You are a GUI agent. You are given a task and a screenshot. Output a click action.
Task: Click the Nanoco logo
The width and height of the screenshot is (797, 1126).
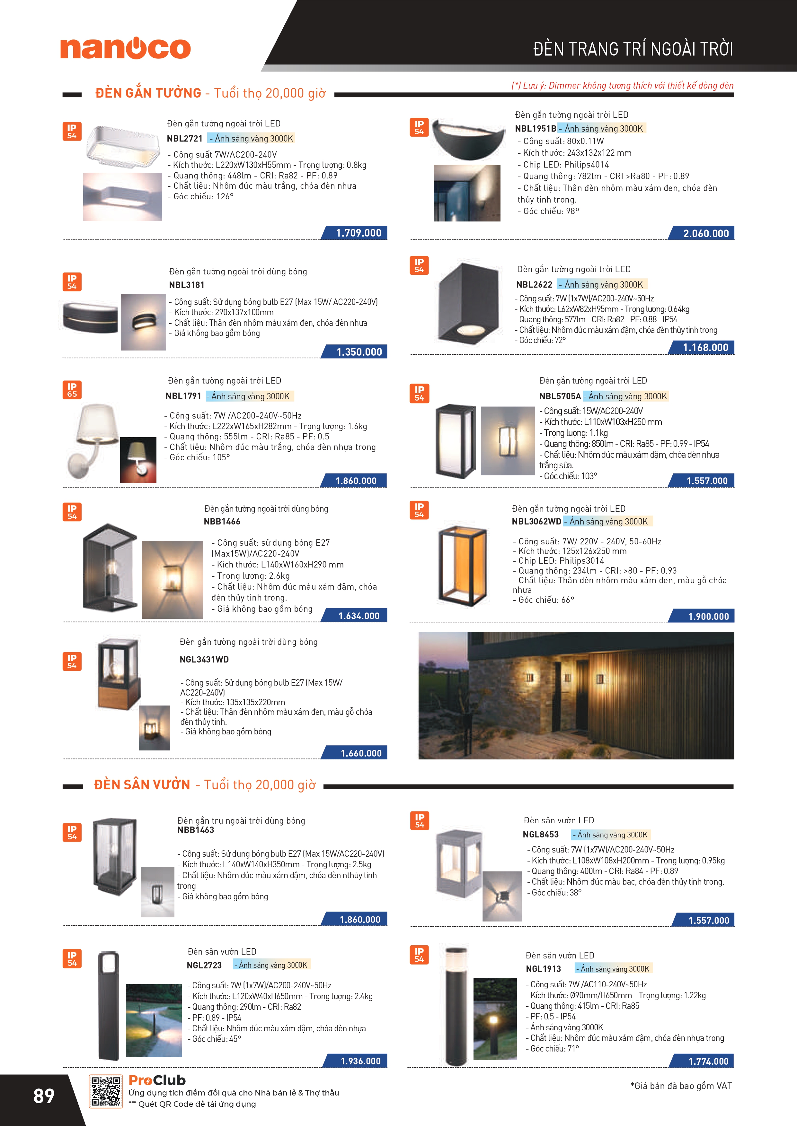(x=125, y=48)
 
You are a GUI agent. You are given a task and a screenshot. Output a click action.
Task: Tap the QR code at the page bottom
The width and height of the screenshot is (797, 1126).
(x=105, y=1092)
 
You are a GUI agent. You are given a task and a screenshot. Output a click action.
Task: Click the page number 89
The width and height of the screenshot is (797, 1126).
(x=44, y=1096)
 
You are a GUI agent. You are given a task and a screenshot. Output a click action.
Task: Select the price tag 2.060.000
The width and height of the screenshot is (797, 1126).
(x=706, y=233)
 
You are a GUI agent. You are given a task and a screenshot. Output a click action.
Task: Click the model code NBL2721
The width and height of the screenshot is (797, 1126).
(x=184, y=139)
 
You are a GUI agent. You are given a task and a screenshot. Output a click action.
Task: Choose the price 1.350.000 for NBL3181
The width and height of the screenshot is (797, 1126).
(x=359, y=351)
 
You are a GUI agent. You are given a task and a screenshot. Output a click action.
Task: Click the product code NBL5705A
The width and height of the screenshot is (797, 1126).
(x=560, y=396)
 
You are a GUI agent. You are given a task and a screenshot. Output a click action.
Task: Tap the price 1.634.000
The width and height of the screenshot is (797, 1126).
(x=359, y=616)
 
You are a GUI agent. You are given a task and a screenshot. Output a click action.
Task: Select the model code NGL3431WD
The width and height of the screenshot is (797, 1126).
(x=204, y=660)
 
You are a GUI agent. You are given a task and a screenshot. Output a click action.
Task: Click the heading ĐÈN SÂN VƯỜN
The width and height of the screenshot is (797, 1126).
(x=142, y=785)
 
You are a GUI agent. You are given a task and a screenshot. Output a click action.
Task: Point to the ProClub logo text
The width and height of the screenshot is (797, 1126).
(x=157, y=1080)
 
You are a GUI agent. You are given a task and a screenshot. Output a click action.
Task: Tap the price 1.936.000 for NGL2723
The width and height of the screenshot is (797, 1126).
(x=360, y=1061)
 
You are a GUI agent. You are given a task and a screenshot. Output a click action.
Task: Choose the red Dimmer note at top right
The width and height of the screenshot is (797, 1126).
(x=622, y=85)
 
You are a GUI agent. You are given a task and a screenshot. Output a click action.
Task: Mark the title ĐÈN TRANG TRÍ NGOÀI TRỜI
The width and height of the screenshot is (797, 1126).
(x=633, y=49)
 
